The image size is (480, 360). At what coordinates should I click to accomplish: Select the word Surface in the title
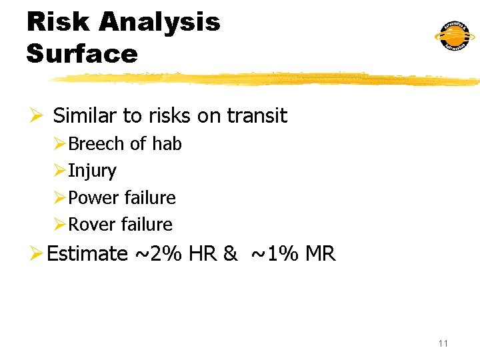[x=82, y=53]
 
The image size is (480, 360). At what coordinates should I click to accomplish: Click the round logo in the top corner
[x=455, y=35]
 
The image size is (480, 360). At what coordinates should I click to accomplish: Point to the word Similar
[x=85, y=116]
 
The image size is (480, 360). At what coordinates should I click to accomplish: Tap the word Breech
[x=96, y=144]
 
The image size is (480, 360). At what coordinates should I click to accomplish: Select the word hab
[x=167, y=144]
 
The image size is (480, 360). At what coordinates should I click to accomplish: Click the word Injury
[x=92, y=171]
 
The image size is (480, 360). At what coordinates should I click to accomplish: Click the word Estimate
[x=87, y=254]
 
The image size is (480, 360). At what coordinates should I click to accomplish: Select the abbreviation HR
[x=203, y=254]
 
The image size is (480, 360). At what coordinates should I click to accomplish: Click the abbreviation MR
[x=321, y=254]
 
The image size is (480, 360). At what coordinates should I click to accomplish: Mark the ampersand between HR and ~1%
[x=231, y=254]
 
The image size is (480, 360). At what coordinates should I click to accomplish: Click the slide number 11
[x=443, y=343]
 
